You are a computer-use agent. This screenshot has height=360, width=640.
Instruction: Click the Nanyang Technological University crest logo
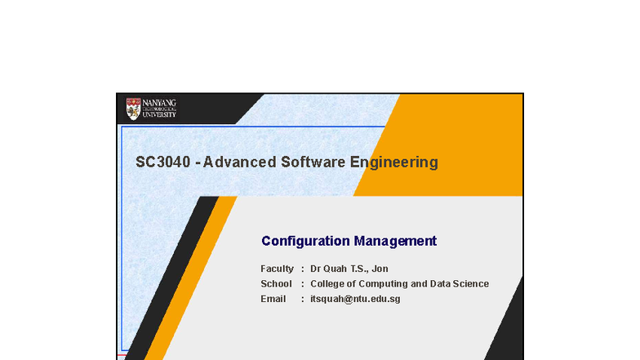pyautogui.click(x=133, y=109)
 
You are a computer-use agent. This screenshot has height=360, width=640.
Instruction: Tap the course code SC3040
pyautogui.click(x=163, y=162)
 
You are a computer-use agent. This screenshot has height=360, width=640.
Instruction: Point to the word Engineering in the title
pyautogui.click(x=393, y=162)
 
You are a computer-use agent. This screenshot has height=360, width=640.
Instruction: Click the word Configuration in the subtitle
pyautogui.click(x=305, y=241)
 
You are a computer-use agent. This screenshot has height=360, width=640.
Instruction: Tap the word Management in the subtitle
pyautogui.click(x=395, y=241)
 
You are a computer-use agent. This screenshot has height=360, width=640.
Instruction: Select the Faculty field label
pyautogui.click(x=277, y=269)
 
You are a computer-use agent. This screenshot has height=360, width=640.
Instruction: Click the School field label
pyautogui.click(x=276, y=284)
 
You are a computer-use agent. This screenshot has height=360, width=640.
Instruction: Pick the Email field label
pyautogui.click(x=273, y=299)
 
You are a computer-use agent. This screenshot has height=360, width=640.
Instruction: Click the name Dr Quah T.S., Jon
pyautogui.click(x=349, y=269)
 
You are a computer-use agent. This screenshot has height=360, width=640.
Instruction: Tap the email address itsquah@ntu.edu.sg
pyautogui.click(x=355, y=299)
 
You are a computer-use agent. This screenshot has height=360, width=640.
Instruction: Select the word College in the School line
pyautogui.click(x=328, y=284)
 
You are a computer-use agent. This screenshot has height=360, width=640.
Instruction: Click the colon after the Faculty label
pyautogui.click(x=303, y=269)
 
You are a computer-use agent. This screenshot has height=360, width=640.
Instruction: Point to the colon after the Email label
pyautogui.click(x=303, y=299)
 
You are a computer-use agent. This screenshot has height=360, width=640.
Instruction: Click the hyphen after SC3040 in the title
pyautogui.click(x=198, y=162)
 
